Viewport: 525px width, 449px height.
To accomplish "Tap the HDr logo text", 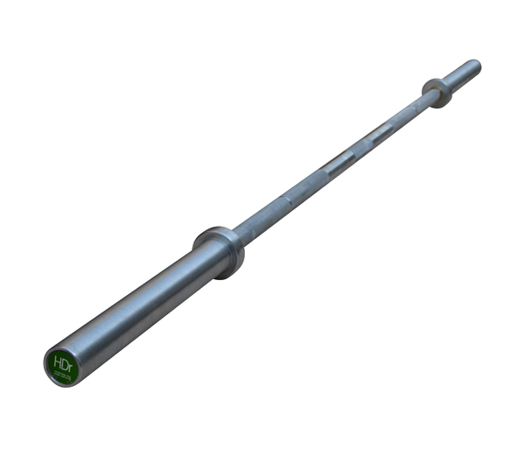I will coord(63,361).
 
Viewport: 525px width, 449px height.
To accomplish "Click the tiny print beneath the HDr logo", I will coord(62,374).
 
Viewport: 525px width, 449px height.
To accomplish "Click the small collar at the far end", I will coord(437,91).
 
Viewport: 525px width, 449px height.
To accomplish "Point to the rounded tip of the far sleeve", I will coord(477,65).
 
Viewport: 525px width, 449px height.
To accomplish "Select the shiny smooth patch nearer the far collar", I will coord(378,133).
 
